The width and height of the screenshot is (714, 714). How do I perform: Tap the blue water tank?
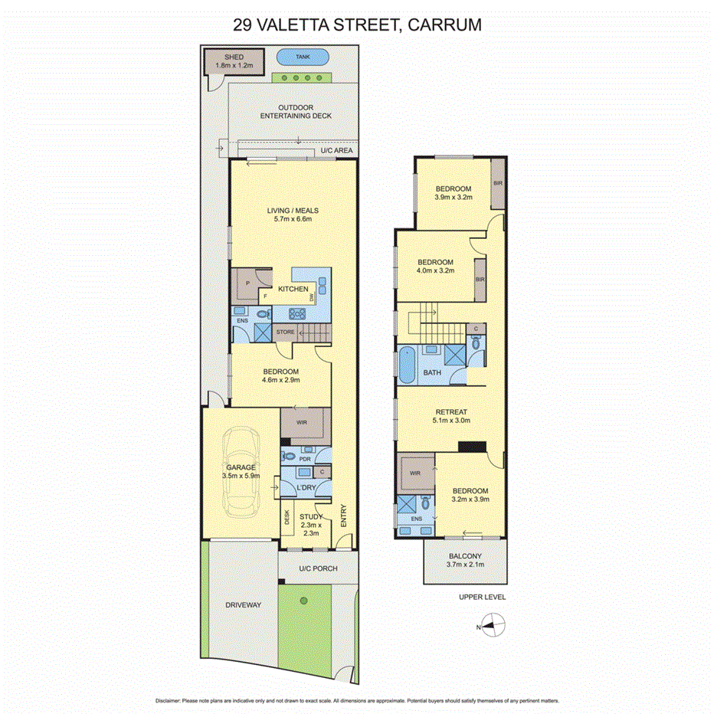[303, 57]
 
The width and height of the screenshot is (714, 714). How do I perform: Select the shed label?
[234, 57]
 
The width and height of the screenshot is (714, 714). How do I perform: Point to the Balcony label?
[464, 557]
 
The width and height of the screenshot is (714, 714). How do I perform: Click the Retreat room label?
[450, 412]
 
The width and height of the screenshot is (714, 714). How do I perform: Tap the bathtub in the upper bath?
[405, 364]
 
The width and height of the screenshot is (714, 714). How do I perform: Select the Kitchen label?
[293, 289]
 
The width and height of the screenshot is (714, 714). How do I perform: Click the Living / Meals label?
[292, 211]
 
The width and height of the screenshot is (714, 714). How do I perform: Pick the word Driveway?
[244, 605]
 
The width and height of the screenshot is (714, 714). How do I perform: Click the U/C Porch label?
[318, 568]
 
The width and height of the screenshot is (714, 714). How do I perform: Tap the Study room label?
[311, 517]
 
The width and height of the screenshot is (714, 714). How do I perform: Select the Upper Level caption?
[483, 597]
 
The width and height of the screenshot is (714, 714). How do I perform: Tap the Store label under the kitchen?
[285, 332]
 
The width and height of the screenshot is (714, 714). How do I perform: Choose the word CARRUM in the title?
[446, 25]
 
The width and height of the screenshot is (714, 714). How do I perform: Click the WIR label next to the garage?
[302, 421]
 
